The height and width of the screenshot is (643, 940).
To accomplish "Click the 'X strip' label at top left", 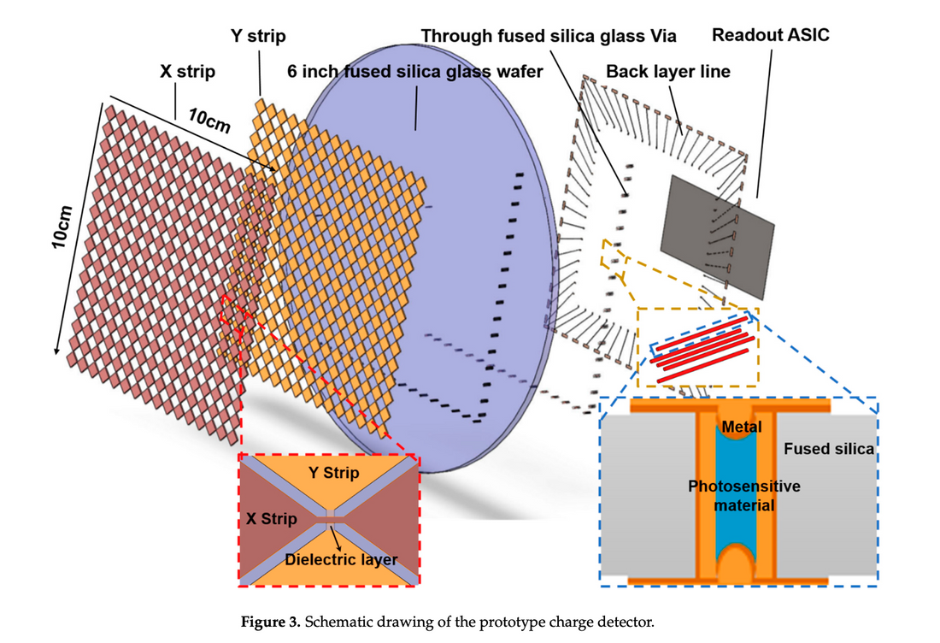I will click(187, 72).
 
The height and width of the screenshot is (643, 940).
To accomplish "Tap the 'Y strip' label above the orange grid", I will click(258, 36).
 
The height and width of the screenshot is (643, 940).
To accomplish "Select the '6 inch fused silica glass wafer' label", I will click(415, 72).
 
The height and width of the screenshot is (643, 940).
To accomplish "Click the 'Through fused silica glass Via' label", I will click(549, 36).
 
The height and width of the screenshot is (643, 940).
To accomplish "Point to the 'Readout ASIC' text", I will click(770, 36).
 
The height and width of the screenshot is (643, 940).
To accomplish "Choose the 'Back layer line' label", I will click(668, 72).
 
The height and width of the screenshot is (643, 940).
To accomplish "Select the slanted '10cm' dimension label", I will click(210, 121).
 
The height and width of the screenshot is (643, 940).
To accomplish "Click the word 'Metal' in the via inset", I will click(741, 426).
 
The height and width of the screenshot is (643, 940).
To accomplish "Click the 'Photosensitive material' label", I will click(744, 496).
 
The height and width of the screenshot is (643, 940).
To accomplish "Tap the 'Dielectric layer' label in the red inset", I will click(341, 560).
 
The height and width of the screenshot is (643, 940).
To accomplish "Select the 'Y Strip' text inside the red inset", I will click(333, 473).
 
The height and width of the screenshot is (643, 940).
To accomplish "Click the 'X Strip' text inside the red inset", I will click(272, 519).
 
